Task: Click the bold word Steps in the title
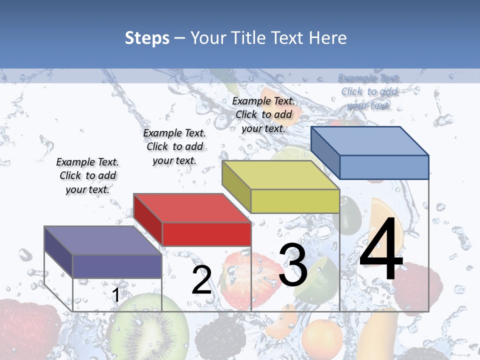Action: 147,38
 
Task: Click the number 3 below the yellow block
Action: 293,265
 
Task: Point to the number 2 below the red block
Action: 202,280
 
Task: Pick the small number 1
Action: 115,295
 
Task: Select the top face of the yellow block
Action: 280,175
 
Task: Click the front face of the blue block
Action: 384,167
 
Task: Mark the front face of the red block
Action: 206,234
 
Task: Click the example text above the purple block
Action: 87,175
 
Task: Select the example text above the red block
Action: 174,146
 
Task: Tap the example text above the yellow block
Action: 263,114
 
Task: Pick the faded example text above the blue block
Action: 369,91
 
